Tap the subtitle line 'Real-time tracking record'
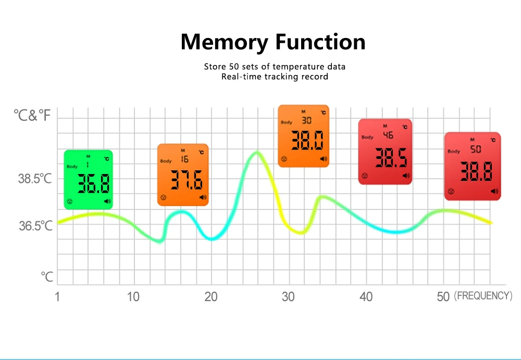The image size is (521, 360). click(x=275, y=77)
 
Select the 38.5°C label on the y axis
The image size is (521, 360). click(x=35, y=179)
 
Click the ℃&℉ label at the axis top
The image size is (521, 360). click(x=33, y=115)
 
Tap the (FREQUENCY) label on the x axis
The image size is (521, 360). click(x=483, y=296)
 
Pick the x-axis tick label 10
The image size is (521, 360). click(x=133, y=297)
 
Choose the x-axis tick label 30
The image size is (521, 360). click(x=288, y=297)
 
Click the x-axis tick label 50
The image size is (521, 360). click(x=443, y=297)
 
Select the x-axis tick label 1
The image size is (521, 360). click(x=57, y=297)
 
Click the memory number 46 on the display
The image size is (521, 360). click(x=388, y=135)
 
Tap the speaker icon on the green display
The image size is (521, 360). click(x=107, y=201)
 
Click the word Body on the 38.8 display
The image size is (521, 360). click(x=453, y=152)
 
